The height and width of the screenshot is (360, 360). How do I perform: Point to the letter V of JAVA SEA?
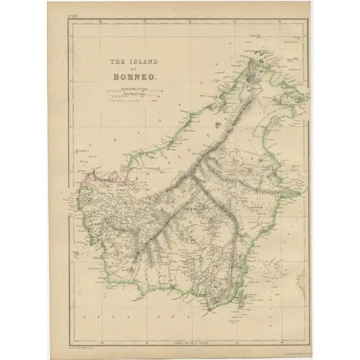pos(108,313)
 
